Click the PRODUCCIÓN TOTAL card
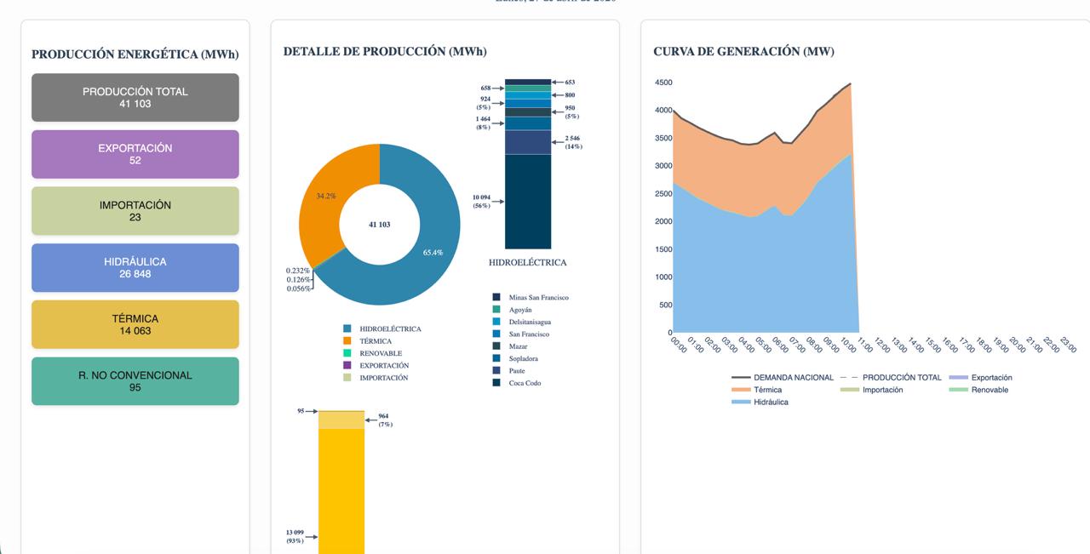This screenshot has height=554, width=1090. click(135, 97)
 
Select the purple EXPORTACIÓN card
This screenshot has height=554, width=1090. click(135, 154)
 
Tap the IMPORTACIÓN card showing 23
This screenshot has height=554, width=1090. click(135, 211)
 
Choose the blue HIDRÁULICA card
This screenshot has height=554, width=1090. click(135, 267)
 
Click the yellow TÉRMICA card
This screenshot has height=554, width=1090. click(135, 324)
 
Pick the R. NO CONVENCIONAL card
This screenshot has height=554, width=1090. click(135, 380)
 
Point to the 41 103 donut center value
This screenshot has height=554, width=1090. click(379, 225)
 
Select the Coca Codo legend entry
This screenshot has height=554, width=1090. click(525, 383)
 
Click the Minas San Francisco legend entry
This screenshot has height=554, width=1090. click(537, 298)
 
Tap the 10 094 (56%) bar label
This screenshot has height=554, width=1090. click(482, 202)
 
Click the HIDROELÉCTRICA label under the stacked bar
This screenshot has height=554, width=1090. click(527, 263)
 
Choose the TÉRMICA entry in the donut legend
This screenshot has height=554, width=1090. click(375, 341)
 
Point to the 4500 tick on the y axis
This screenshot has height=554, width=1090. click(663, 83)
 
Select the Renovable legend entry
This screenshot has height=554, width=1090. click(989, 390)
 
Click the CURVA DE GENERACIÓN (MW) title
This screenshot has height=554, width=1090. click(743, 52)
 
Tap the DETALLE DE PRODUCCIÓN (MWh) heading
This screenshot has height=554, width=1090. click(385, 52)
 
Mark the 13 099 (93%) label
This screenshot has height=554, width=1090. click(295, 537)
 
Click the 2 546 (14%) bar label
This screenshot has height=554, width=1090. click(573, 142)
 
